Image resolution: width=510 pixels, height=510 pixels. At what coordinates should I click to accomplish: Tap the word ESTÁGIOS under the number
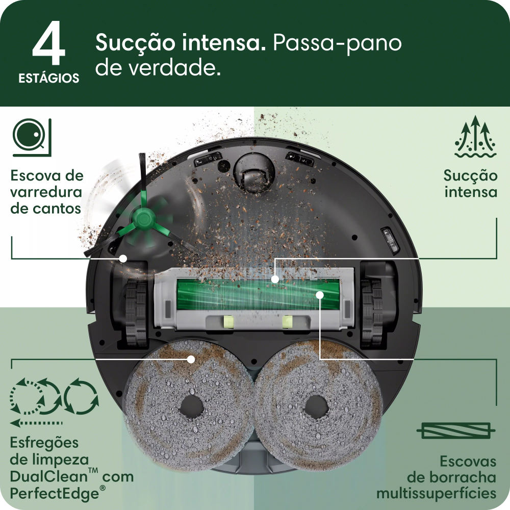pos(49,79)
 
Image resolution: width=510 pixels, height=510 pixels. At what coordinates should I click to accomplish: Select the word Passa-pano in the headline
pos(337,43)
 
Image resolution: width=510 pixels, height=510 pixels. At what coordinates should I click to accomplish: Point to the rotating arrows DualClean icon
pos(54,397)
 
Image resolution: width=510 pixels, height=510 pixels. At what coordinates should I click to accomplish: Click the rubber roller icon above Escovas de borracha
pos(455,430)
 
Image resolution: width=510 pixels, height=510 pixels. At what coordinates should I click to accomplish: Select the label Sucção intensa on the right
pos(470,184)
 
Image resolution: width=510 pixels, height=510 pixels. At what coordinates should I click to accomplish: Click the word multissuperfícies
pos(436,493)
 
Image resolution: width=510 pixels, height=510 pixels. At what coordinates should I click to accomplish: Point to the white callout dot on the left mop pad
pos(191,359)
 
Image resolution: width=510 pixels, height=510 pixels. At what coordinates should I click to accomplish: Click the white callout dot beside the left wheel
pos(123,259)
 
